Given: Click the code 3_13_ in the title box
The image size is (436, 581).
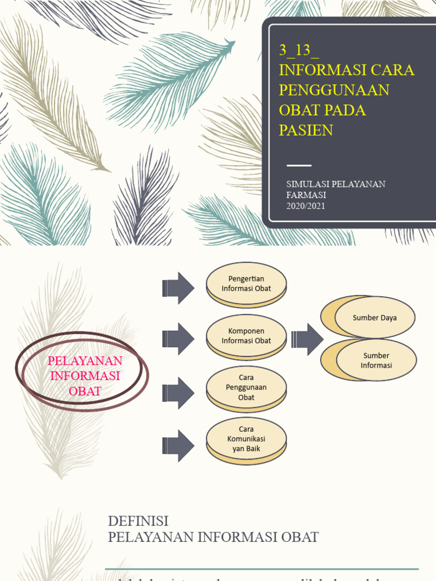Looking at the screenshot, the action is click(x=299, y=50).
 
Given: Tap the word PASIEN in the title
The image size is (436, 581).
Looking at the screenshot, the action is click(x=305, y=130).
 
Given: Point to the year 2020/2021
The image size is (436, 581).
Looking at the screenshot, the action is click(x=305, y=205).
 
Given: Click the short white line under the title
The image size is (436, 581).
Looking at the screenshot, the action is click(x=299, y=165).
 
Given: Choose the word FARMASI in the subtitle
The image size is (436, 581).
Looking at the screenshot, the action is click(x=306, y=195).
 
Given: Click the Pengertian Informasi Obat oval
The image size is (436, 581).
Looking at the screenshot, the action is click(x=246, y=284).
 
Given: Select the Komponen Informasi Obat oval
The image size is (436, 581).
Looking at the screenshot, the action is click(x=246, y=336).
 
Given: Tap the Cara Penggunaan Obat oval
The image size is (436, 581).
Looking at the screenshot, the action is click(x=246, y=388).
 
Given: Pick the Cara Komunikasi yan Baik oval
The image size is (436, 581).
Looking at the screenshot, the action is click(x=246, y=440).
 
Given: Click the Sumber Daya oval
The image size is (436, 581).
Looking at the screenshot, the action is click(x=375, y=318).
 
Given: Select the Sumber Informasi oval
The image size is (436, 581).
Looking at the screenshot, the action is click(x=376, y=360).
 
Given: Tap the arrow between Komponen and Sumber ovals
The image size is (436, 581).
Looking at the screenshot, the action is click(x=307, y=339).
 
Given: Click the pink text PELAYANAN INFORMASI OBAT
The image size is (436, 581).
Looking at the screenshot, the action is click(x=85, y=376).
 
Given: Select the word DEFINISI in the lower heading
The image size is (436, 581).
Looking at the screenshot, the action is click(x=139, y=521).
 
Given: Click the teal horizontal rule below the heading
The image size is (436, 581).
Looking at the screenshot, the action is click(x=261, y=569).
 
